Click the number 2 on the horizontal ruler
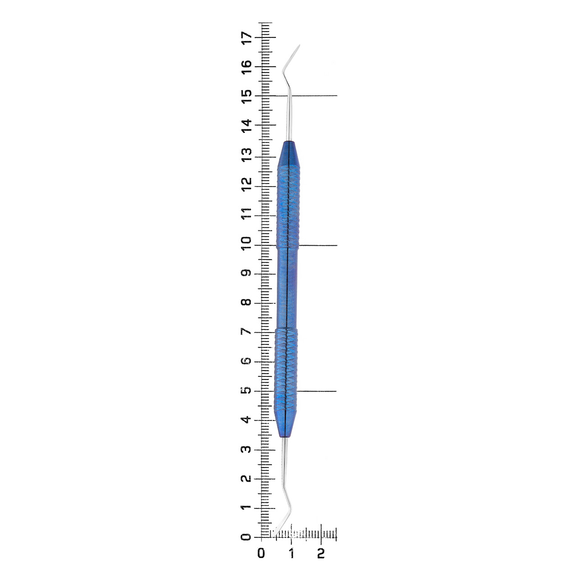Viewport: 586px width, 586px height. tap(321, 553)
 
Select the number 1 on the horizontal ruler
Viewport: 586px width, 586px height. tap(291, 553)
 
